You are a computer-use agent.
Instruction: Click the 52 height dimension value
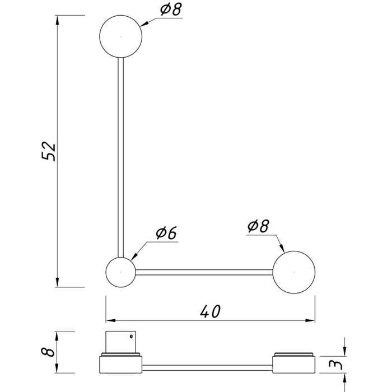click(48, 151)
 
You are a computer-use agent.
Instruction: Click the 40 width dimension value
click(210, 311)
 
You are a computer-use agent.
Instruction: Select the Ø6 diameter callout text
click(166, 233)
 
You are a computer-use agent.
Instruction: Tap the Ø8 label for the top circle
click(171, 10)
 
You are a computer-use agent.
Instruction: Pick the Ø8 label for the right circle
click(258, 226)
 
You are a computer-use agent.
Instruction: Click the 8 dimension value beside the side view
click(48, 352)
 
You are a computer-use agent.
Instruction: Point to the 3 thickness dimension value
click(335, 365)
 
